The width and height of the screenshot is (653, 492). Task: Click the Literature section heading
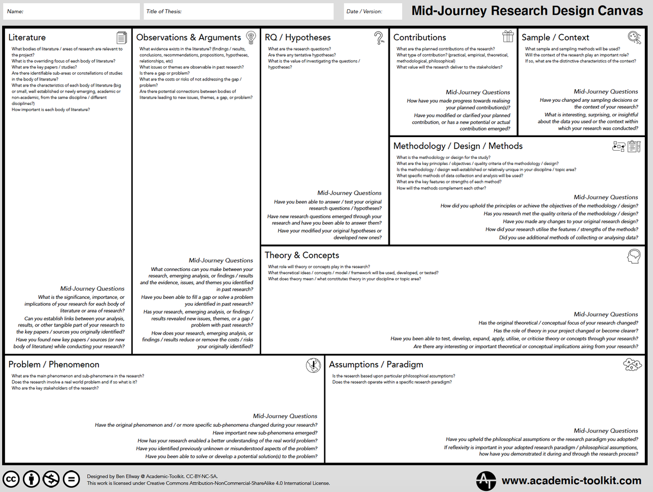(x=27, y=38)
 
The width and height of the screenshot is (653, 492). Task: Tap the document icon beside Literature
(x=122, y=38)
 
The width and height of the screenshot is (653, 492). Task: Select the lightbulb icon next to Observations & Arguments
(x=250, y=37)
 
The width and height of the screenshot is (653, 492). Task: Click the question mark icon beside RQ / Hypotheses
(x=379, y=38)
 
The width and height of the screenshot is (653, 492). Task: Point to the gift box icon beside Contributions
(x=508, y=36)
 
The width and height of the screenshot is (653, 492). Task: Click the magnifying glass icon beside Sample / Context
(x=634, y=37)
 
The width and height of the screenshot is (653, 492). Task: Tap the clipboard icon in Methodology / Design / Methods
(x=633, y=146)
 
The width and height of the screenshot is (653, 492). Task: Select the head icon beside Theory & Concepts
(x=633, y=256)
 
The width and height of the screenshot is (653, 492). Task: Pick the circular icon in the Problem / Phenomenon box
(x=313, y=365)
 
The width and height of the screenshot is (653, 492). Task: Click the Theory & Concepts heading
(x=301, y=255)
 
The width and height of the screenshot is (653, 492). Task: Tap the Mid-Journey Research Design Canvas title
(x=527, y=11)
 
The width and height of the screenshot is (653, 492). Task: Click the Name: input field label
(x=15, y=11)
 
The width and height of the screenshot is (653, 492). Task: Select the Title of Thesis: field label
(x=164, y=11)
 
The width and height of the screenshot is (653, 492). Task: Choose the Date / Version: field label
(x=364, y=11)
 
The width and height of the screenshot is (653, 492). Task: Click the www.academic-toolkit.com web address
(x=571, y=481)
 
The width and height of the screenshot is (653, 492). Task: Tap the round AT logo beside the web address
(x=486, y=481)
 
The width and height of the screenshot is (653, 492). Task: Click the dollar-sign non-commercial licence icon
(x=51, y=479)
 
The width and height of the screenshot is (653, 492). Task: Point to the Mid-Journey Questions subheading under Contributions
(x=478, y=92)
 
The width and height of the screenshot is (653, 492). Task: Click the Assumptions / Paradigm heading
(x=375, y=365)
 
